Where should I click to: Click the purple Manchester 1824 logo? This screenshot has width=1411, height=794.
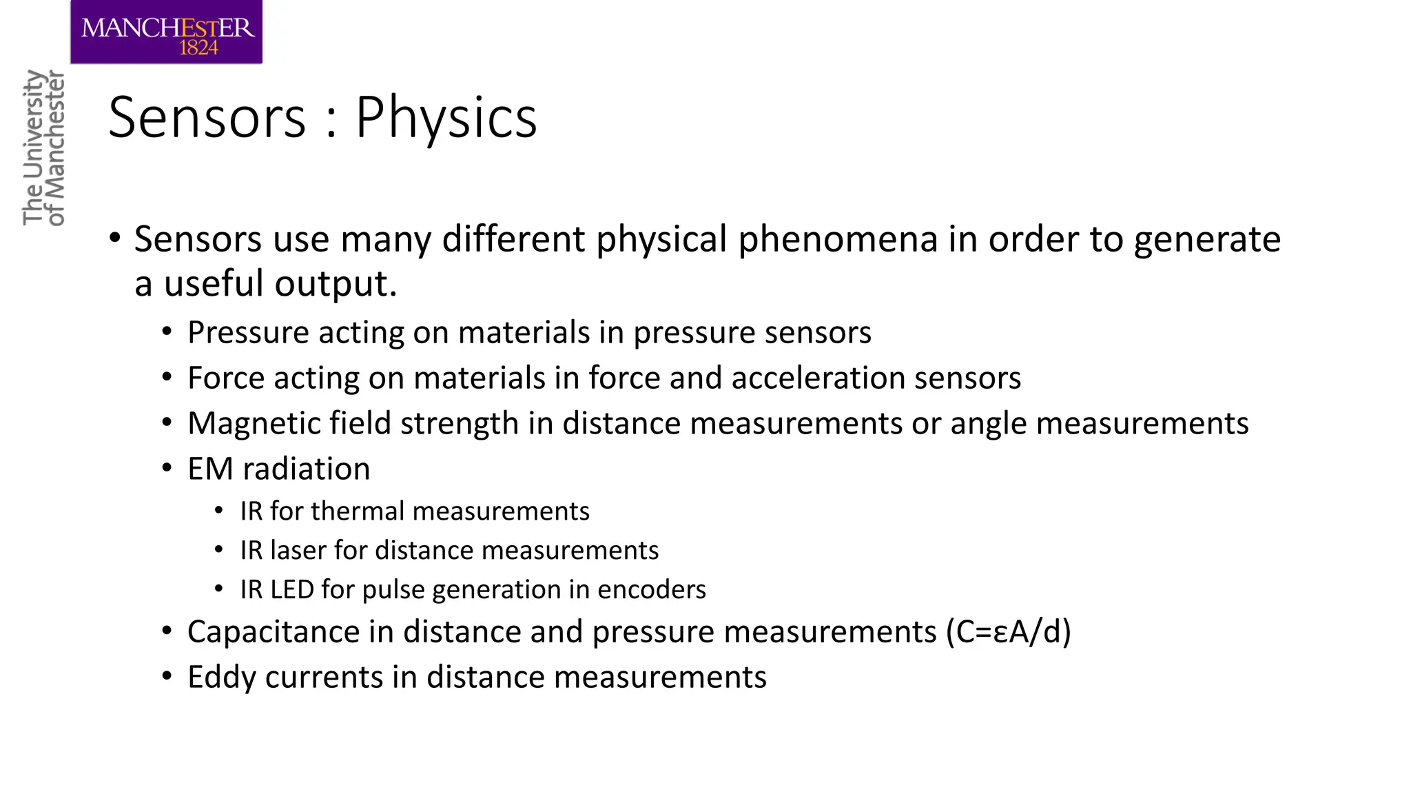point(166,32)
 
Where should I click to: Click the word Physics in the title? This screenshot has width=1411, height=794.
point(446,118)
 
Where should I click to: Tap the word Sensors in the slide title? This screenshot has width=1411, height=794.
point(207,118)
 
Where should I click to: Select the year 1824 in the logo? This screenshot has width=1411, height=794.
point(198,48)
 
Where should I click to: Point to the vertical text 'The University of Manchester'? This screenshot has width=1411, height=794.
point(43,147)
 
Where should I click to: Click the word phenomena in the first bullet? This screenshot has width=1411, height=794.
point(838,239)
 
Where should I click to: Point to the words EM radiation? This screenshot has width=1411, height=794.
point(278,469)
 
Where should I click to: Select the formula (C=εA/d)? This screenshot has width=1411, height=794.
point(1009,632)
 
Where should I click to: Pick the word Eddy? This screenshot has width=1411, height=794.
point(222,678)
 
